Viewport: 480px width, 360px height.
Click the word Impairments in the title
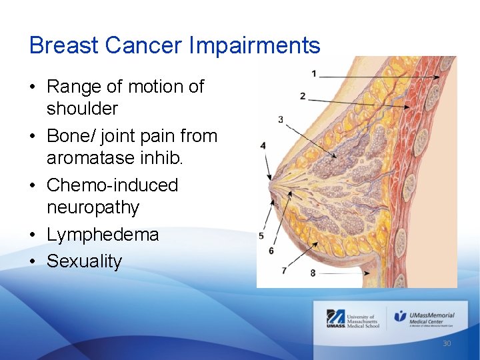(255, 46)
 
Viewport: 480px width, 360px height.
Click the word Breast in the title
(64, 46)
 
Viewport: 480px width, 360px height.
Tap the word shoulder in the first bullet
(82, 109)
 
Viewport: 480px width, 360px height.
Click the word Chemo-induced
(112, 185)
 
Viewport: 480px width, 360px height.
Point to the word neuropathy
(93, 207)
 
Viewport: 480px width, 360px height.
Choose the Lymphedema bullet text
(103, 235)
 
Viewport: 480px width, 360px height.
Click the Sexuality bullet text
(84, 261)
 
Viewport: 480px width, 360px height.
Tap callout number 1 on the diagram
(313, 73)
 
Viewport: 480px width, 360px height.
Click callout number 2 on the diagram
(303, 97)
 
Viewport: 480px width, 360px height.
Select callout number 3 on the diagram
(281, 119)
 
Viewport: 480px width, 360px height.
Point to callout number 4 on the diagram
(263, 145)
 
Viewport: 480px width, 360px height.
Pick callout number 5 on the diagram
(261, 236)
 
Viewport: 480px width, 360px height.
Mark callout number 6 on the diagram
(271, 251)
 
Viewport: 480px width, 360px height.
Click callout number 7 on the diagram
(284, 270)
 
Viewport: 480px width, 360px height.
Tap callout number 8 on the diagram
(313, 273)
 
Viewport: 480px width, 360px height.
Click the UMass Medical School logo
(353, 319)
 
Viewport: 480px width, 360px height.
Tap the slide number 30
(447, 343)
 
